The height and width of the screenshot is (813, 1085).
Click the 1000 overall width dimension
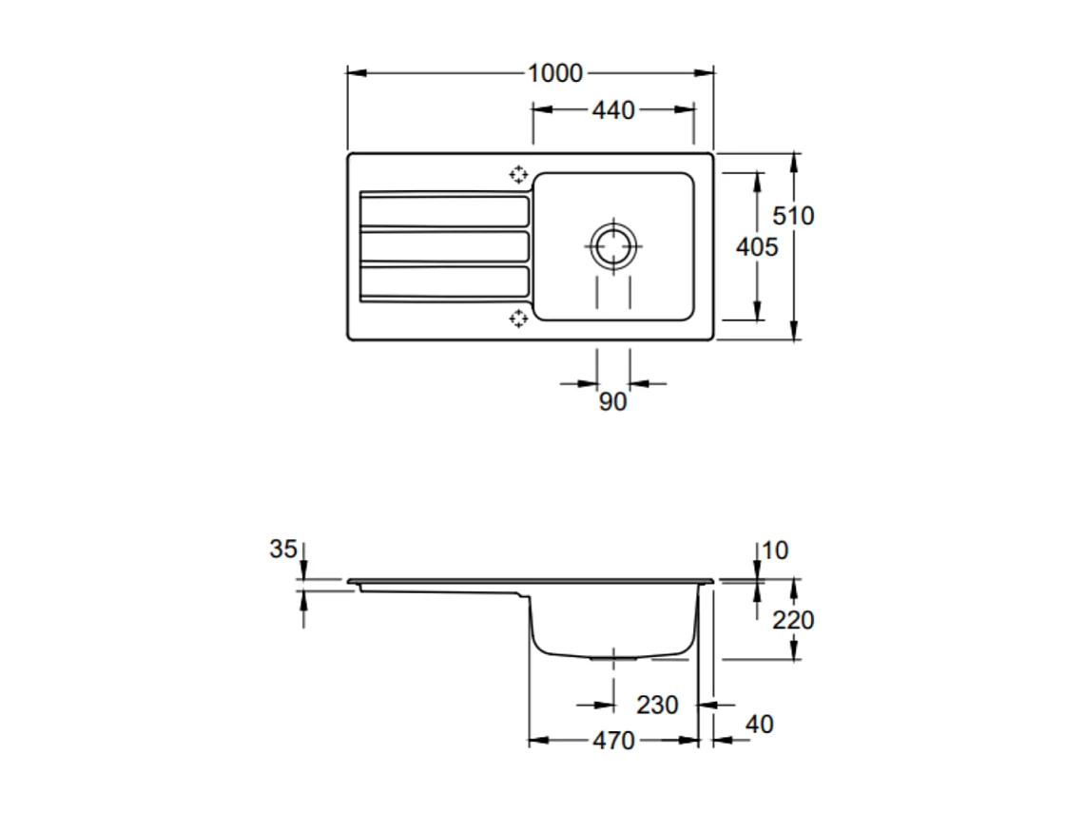coord(555,73)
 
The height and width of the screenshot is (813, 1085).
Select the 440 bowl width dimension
coord(612,110)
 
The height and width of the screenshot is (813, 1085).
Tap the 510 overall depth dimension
coord(792,216)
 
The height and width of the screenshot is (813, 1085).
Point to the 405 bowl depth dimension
coord(758,247)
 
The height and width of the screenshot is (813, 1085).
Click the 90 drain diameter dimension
coord(613,402)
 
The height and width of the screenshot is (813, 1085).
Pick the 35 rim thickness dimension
coord(282,550)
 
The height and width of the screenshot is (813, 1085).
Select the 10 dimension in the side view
coord(775,551)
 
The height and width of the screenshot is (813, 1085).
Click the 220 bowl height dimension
coord(793,621)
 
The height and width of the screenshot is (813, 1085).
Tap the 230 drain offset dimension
coord(657,706)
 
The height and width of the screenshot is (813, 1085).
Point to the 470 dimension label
coord(613,741)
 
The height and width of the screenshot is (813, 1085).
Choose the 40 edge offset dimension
coord(759,725)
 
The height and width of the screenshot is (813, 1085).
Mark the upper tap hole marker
coord(518,174)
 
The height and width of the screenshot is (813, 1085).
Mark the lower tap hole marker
coord(518,318)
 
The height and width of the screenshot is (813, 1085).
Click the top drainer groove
coord(444,210)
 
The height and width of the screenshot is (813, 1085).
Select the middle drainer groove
coord(444,246)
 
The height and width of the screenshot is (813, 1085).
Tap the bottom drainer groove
coord(444,282)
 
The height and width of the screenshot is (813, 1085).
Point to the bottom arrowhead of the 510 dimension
coord(793,334)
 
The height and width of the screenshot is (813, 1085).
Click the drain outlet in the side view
coord(614,657)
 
